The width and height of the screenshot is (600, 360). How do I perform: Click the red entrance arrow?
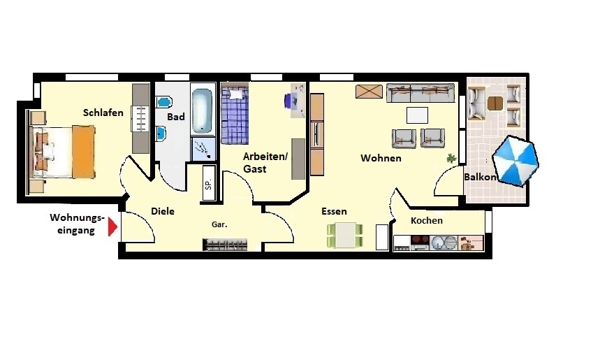click(x=112, y=226)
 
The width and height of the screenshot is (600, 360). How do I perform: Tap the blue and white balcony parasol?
click(x=515, y=161)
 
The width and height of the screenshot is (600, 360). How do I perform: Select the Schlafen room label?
click(x=103, y=113)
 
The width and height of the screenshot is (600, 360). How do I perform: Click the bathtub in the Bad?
click(x=202, y=111)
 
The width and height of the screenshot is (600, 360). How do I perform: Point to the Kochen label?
click(x=427, y=221)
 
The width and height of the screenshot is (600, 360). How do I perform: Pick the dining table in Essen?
click(x=345, y=236)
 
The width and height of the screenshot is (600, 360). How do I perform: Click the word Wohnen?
click(x=381, y=158)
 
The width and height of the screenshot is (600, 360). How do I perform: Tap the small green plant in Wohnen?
click(x=451, y=158)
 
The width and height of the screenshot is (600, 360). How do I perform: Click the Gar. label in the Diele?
click(x=219, y=225)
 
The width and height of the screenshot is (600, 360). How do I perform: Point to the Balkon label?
click(x=481, y=178)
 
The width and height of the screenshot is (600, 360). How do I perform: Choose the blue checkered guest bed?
click(x=235, y=115)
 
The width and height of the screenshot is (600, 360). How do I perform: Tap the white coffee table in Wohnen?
click(x=417, y=115)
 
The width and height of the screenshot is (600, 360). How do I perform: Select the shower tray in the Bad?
click(x=203, y=149)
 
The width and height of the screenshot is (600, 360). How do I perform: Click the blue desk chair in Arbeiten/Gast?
click(x=289, y=101)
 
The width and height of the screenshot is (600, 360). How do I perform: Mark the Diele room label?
click(x=163, y=211)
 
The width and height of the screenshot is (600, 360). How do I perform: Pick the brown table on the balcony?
click(x=495, y=103)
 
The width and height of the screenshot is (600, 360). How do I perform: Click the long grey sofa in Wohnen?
click(x=420, y=93)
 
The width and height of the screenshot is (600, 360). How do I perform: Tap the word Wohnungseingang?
click(x=77, y=224)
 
